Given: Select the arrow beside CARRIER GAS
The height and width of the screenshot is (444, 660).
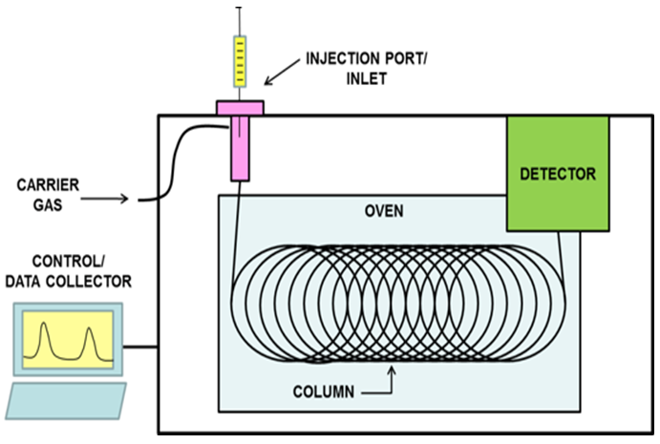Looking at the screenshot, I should click(x=111, y=199).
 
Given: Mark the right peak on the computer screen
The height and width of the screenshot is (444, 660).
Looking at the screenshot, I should click(x=91, y=340).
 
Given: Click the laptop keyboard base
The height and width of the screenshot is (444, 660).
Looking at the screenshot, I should click(x=66, y=399).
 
